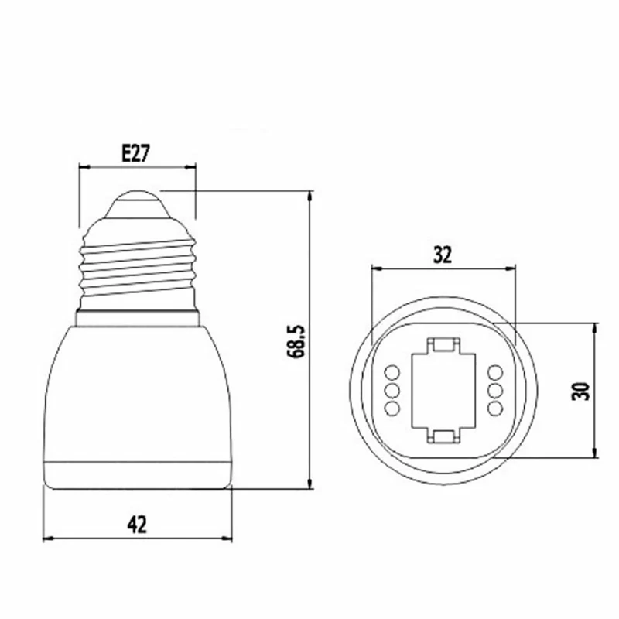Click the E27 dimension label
[x=136, y=153]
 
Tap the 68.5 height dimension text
[x=296, y=341]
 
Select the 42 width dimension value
[x=137, y=525]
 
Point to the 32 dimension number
[x=442, y=255]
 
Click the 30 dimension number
[x=580, y=391]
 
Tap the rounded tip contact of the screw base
[x=138, y=204]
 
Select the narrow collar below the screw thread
[x=138, y=318]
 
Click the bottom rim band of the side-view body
[x=138, y=475]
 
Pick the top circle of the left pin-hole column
[x=392, y=372]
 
